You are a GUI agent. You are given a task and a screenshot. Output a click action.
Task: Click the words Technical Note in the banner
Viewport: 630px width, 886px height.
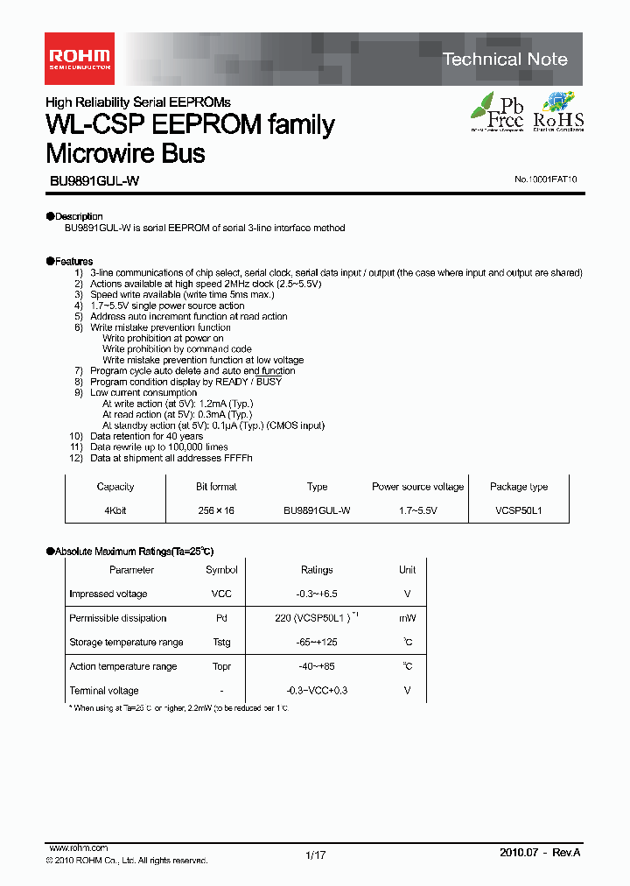pos(505,60)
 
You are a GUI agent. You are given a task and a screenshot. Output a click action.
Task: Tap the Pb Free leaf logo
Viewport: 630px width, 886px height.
pos(497,111)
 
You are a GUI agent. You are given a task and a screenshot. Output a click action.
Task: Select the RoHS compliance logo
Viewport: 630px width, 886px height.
pos(558,111)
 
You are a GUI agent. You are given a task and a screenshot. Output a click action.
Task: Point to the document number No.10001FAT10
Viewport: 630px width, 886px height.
pos(545,179)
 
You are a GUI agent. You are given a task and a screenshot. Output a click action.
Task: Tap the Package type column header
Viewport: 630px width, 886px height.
pos(519,487)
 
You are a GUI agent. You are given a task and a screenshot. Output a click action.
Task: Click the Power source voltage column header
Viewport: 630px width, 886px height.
pos(418,487)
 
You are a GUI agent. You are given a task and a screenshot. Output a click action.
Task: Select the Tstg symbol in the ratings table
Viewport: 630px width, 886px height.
pos(221,642)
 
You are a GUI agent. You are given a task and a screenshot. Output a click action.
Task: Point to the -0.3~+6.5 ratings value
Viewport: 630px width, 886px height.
pos(317,594)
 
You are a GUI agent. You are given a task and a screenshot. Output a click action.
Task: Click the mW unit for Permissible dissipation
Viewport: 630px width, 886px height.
pos(407,618)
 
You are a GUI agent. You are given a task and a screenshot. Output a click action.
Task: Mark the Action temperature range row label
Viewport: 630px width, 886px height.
pos(122,666)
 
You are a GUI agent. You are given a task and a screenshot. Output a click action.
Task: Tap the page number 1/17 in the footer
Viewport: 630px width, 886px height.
pos(315,855)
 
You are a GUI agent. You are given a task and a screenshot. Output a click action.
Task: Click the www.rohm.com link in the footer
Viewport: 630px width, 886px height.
pos(79,848)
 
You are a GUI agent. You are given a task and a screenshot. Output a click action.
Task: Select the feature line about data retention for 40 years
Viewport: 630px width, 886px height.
pos(146,436)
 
